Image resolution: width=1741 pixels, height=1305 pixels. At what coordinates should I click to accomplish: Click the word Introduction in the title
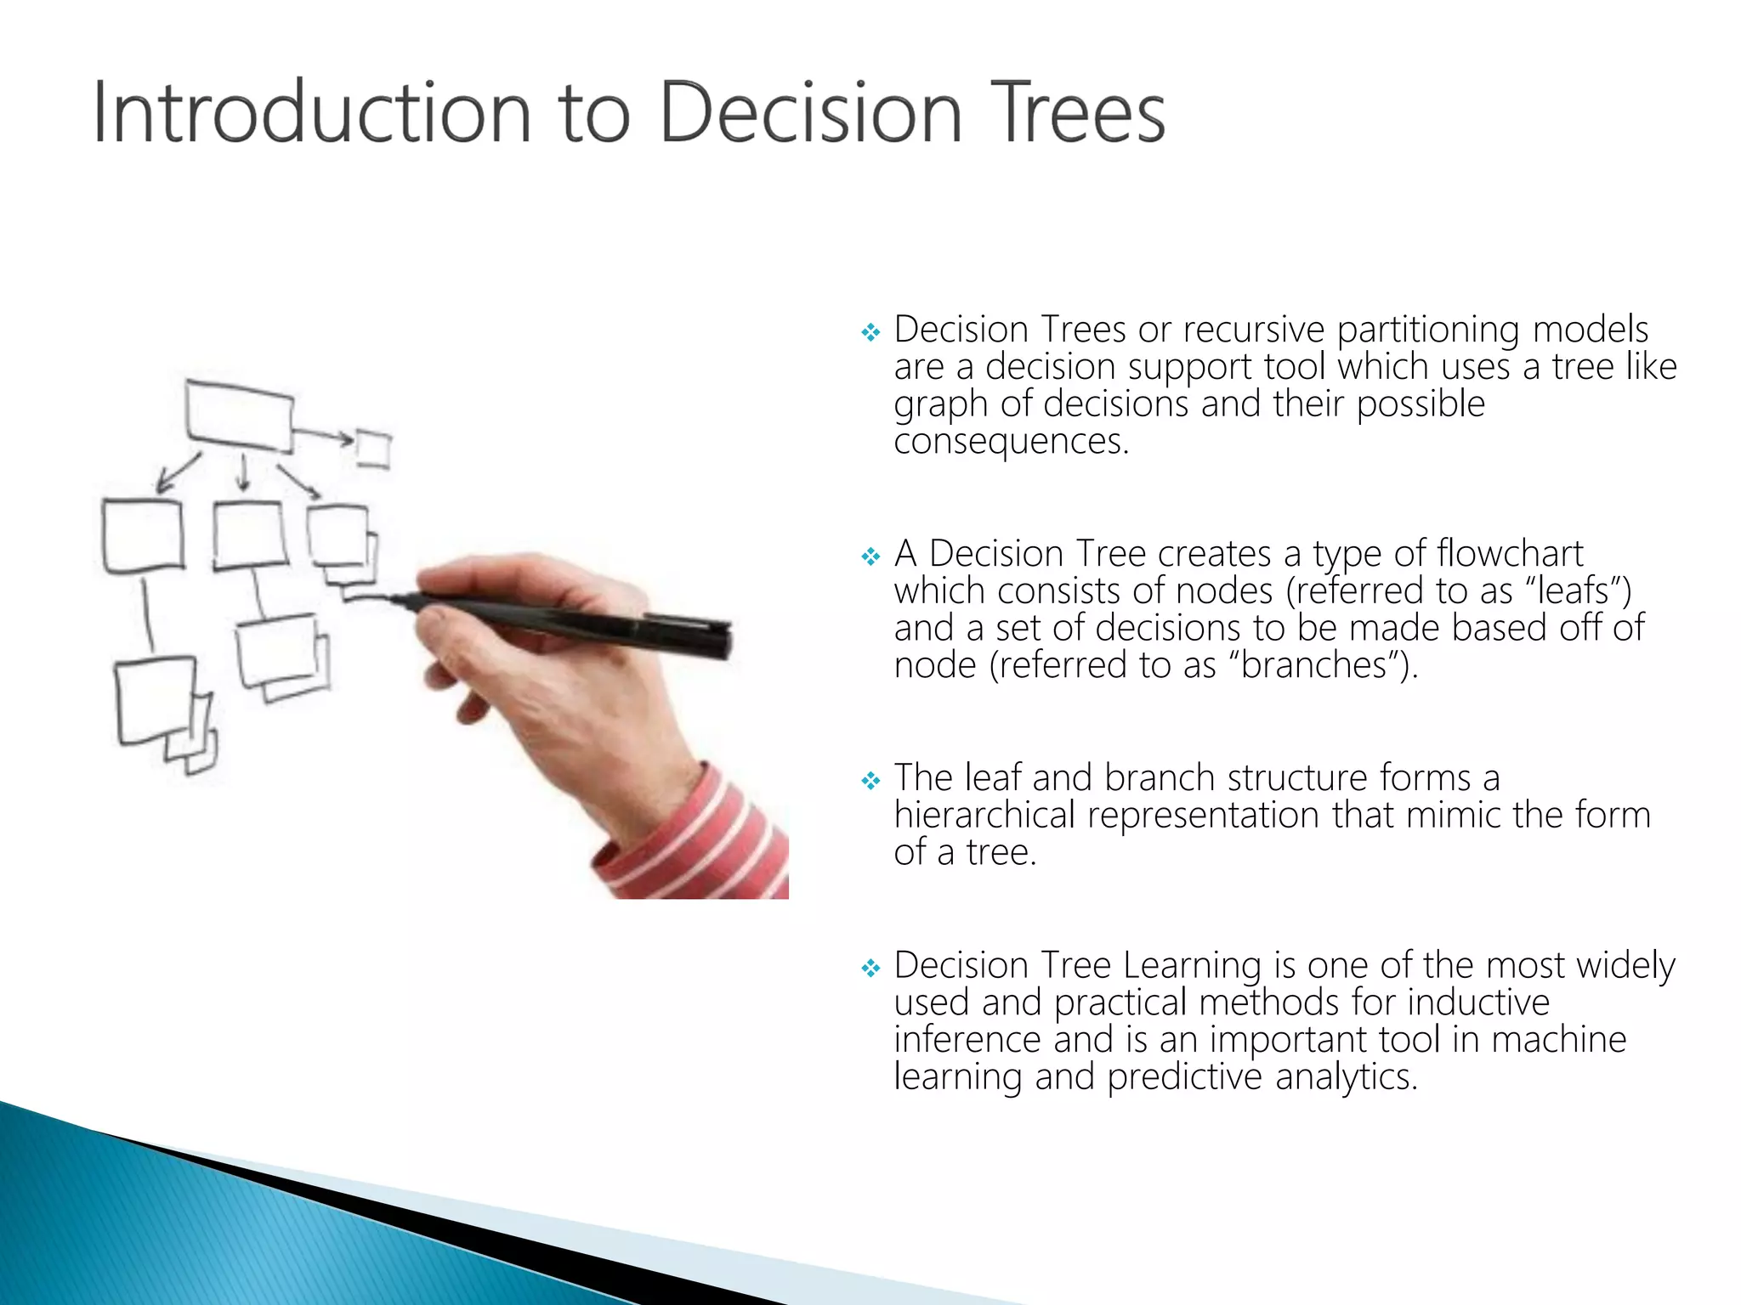[310, 113]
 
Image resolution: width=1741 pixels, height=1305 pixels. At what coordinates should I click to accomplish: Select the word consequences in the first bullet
[1010, 442]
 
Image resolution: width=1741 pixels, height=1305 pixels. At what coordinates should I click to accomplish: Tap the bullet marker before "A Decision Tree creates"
[870, 557]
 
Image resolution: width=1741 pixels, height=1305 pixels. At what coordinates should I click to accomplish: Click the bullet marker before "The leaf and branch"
[870, 781]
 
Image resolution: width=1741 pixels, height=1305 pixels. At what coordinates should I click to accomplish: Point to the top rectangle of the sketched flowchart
[240, 416]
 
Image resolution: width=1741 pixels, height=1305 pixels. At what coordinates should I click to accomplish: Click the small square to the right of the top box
[373, 449]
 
